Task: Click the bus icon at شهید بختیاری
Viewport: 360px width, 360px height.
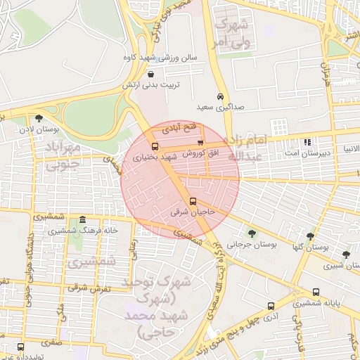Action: tap(155, 147)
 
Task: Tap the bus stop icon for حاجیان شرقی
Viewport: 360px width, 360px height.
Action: tap(193, 201)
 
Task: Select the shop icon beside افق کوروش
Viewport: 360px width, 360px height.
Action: tap(200, 143)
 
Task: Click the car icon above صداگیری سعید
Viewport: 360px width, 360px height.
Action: tap(220, 96)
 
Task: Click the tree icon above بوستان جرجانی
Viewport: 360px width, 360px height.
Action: tap(252, 233)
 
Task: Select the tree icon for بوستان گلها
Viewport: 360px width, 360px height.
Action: tap(310, 237)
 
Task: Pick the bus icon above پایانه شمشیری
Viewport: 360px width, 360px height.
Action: tap(315, 292)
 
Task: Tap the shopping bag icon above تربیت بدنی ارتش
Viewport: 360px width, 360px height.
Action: tap(151, 73)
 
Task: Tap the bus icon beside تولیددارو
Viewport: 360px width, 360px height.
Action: tap(20, 347)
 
